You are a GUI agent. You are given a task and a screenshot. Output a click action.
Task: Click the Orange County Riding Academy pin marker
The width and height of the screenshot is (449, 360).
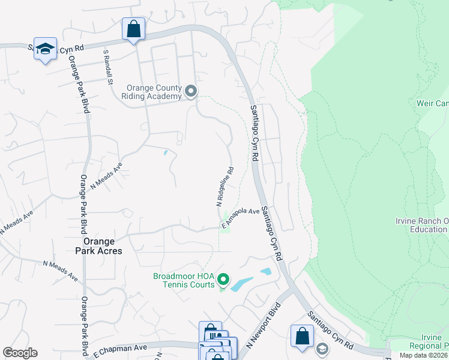[191, 91]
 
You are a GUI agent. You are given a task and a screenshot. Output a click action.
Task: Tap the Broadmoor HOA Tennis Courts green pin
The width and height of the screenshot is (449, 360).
[223, 279]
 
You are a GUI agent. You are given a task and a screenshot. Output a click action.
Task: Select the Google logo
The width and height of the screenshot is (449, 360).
[20, 352]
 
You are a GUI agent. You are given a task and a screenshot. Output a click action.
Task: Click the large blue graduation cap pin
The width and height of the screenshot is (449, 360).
[45, 49]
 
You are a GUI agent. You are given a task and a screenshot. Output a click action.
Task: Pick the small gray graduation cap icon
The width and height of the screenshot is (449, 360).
[322, 349]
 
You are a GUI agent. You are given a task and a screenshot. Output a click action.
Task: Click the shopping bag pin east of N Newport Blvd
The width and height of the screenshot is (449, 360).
[302, 337]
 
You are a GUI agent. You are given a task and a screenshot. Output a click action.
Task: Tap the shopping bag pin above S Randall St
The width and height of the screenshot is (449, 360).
[133, 29]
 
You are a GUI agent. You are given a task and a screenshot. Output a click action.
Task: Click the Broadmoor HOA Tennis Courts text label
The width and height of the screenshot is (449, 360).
[184, 280]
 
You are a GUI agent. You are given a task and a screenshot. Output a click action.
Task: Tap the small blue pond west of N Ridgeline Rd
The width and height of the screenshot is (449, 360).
[165, 152]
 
